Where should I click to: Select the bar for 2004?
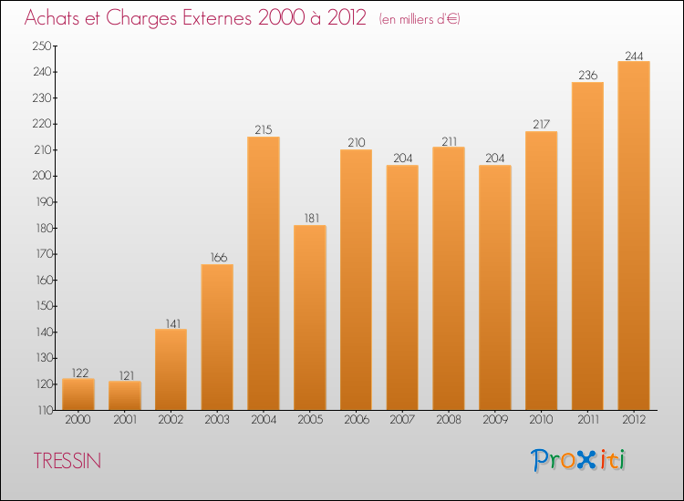[x=264, y=273]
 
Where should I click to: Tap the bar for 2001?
[x=125, y=395]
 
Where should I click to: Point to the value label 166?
[x=217, y=258]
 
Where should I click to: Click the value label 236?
[x=587, y=76]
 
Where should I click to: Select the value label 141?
[x=171, y=322]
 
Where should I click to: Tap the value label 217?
[x=541, y=125]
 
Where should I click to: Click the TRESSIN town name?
[x=67, y=461]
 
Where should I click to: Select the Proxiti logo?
[x=578, y=460]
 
